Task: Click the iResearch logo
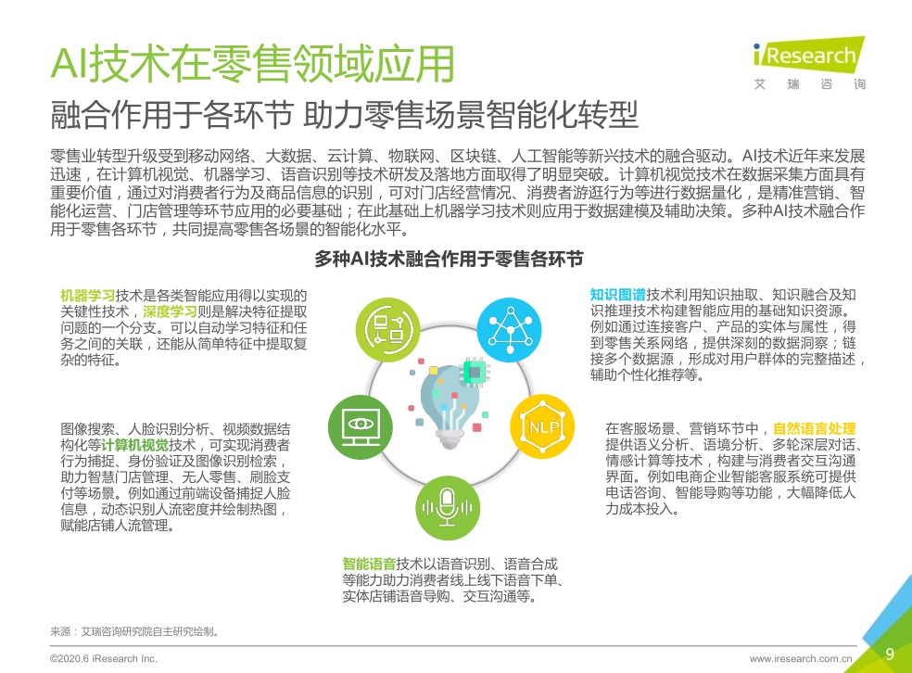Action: tap(809, 63)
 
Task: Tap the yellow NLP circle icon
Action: tap(542, 427)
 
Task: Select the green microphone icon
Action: tap(448, 508)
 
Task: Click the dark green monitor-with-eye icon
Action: tap(360, 427)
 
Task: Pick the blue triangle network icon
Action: tap(510, 330)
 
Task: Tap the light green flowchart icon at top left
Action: tap(388, 330)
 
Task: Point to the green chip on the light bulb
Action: tap(475, 372)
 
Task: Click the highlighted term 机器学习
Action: tap(88, 296)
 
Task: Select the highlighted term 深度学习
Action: tap(171, 311)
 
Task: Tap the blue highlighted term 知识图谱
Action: tap(617, 295)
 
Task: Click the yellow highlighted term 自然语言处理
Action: tap(815, 428)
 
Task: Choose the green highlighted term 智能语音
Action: tap(369, 564)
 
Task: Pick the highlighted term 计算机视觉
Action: tap(135, 446)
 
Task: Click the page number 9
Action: tap(890, 654)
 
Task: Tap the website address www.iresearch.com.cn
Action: tap(801, 659)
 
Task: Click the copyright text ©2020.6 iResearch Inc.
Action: tap(104, 658)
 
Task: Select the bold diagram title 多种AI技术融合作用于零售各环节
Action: tap(449, 259)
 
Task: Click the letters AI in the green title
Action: tap(70, 63)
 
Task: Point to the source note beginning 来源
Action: tap(134, 631)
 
